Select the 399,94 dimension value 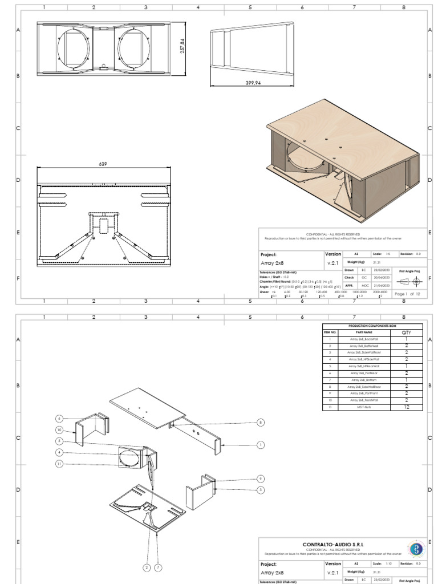tap(253, 83)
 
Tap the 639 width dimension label tap(103, 164)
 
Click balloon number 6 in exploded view tap(59, 419)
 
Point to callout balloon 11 tap(59, 464)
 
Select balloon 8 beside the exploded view tap(261, 423)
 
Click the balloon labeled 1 tap(261, 444)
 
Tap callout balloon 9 tap(261, 478)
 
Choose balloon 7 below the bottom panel tap(159, 567)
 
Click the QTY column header tap(407, 332)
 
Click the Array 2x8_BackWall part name tap(364, 339)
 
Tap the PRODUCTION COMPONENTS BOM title tap(372, 326)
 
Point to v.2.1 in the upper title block tap(333, 263)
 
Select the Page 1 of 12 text tap(407, 294)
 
